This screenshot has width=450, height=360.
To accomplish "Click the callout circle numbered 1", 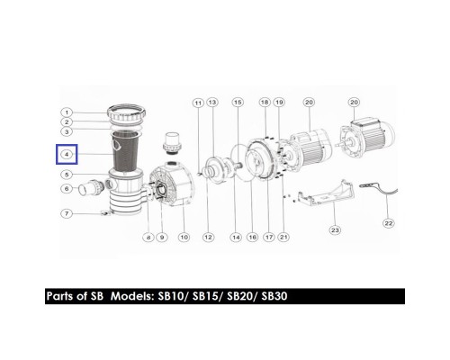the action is tap(67, 112).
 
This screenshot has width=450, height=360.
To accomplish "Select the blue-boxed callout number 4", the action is tap(67, 154).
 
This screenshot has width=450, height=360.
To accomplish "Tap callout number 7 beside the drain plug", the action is tap(67, 213).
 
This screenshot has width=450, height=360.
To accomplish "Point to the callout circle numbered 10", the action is tap(184, 238).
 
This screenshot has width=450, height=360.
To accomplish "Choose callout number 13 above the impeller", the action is tap(212, 103).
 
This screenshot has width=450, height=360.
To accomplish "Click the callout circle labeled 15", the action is tap(238, 103).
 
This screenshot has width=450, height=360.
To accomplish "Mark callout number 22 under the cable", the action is tap(389, 223).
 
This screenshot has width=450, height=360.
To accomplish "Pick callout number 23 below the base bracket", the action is tap(335, 230).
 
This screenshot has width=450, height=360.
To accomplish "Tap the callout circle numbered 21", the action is tap(283, 238).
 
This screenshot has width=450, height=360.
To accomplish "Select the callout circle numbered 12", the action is tap(208, 238).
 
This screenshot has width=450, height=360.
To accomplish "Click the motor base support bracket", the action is tap(326, 193).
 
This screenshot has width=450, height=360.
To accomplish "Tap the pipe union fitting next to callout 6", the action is tap(91, 187).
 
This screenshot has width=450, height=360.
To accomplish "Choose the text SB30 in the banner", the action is tap(274, 296).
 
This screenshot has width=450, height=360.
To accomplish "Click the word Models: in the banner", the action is tap(132, 296).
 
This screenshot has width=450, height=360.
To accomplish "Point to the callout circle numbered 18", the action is tap(265, 103).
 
